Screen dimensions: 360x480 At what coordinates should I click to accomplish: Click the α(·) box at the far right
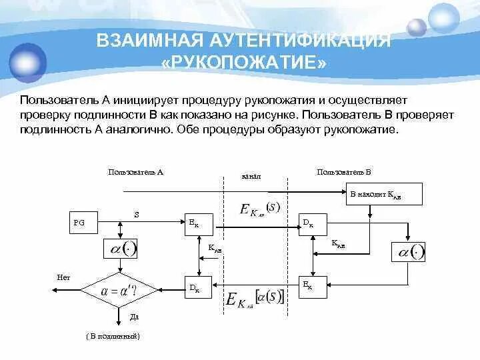coord(407,252)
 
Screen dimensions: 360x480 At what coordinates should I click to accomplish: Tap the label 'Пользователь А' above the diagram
coord(136,172)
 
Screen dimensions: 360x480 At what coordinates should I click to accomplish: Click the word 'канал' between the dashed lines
coord(251,177)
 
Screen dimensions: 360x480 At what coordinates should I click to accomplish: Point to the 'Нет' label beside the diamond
coord(64,277)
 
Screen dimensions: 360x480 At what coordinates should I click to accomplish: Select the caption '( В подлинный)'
coord(113,337)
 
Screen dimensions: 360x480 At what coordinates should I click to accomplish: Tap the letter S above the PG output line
coord(137,215)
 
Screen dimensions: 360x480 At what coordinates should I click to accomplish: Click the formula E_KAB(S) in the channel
coord(260,209)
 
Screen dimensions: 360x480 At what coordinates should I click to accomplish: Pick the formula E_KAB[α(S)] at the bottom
coord(255,299)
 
